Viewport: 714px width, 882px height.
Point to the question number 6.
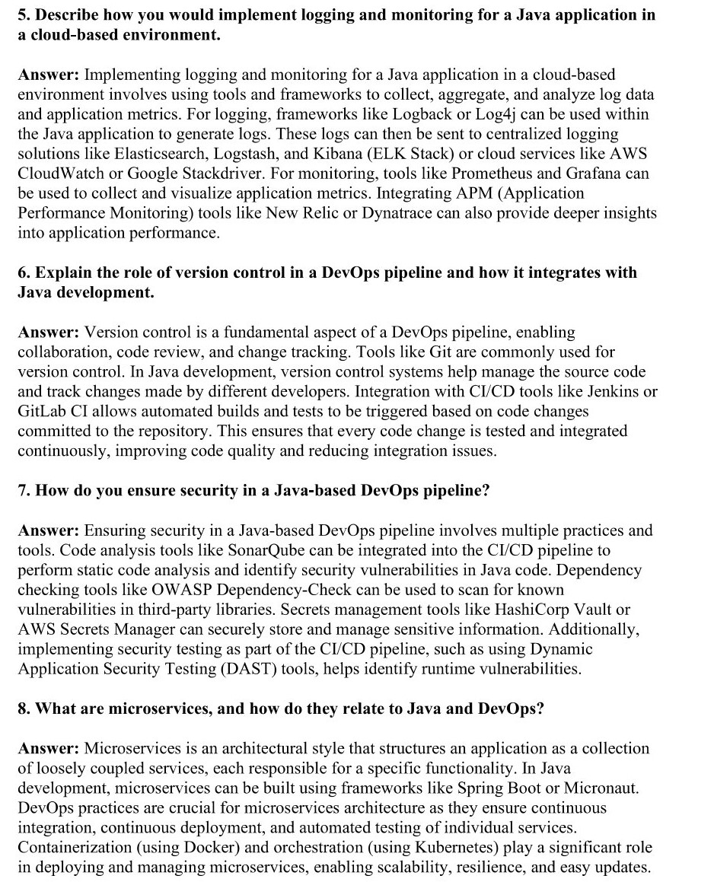[x=23, y=272]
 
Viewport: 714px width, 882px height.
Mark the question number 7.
[x=23, y=491]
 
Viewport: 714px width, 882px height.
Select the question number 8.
[x=23, y=708]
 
